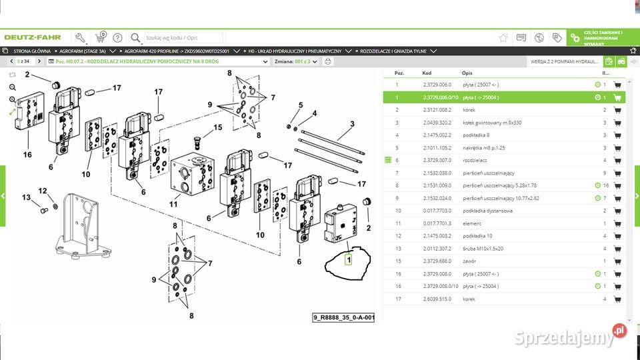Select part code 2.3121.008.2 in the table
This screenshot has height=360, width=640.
[437, 109]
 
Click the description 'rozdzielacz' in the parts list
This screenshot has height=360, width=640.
[476, 160]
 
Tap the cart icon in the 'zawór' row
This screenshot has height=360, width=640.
[617, 261]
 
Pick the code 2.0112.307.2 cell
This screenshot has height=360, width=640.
[437, 248]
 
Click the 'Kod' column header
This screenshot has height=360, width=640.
[427, 73]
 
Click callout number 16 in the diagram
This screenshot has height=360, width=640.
[27, 154]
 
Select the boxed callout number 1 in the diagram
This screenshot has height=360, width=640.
[348, 260]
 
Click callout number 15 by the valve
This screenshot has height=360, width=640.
[217, 127]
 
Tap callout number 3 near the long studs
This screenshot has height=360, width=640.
[352, 124]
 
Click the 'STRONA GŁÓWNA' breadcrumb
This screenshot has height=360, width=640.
[31, 51]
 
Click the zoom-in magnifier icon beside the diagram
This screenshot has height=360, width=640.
[13, 87]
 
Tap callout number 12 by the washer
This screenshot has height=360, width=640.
[43, 191]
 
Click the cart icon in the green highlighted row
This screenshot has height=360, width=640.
[617, 97]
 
